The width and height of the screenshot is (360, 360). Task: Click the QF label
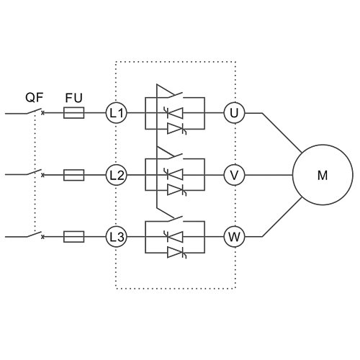pos(35,97)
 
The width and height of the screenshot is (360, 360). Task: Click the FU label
pos(73,98)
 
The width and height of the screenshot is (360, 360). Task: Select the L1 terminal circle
pos(117,113)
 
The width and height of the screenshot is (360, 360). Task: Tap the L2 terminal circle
pos(117,175)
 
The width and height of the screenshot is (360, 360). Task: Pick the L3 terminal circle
pos(117,237)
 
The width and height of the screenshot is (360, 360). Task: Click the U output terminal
pos(234,113)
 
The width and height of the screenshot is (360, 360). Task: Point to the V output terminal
pos(234,175)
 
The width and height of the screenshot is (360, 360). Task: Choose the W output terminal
pos(234,237)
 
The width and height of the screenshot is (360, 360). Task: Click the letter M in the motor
pos(323,175)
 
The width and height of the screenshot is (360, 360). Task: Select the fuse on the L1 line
pos(74,113)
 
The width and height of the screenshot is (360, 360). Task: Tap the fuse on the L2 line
pos(74,175)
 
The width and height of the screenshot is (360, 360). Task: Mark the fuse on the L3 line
pos(74,237)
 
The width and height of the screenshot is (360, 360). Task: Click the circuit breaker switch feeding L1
pos(35,112)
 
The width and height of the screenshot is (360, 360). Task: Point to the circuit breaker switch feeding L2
pos(35,174)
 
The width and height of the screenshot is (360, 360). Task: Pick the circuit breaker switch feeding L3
pos(35,235)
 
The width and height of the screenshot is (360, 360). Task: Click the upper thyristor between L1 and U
pos(174,113)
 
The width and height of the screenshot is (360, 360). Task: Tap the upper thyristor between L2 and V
pos(174,175)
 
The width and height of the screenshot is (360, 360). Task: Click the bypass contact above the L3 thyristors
pos(175,219)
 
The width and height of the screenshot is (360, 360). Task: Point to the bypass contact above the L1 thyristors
pos(175,95)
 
